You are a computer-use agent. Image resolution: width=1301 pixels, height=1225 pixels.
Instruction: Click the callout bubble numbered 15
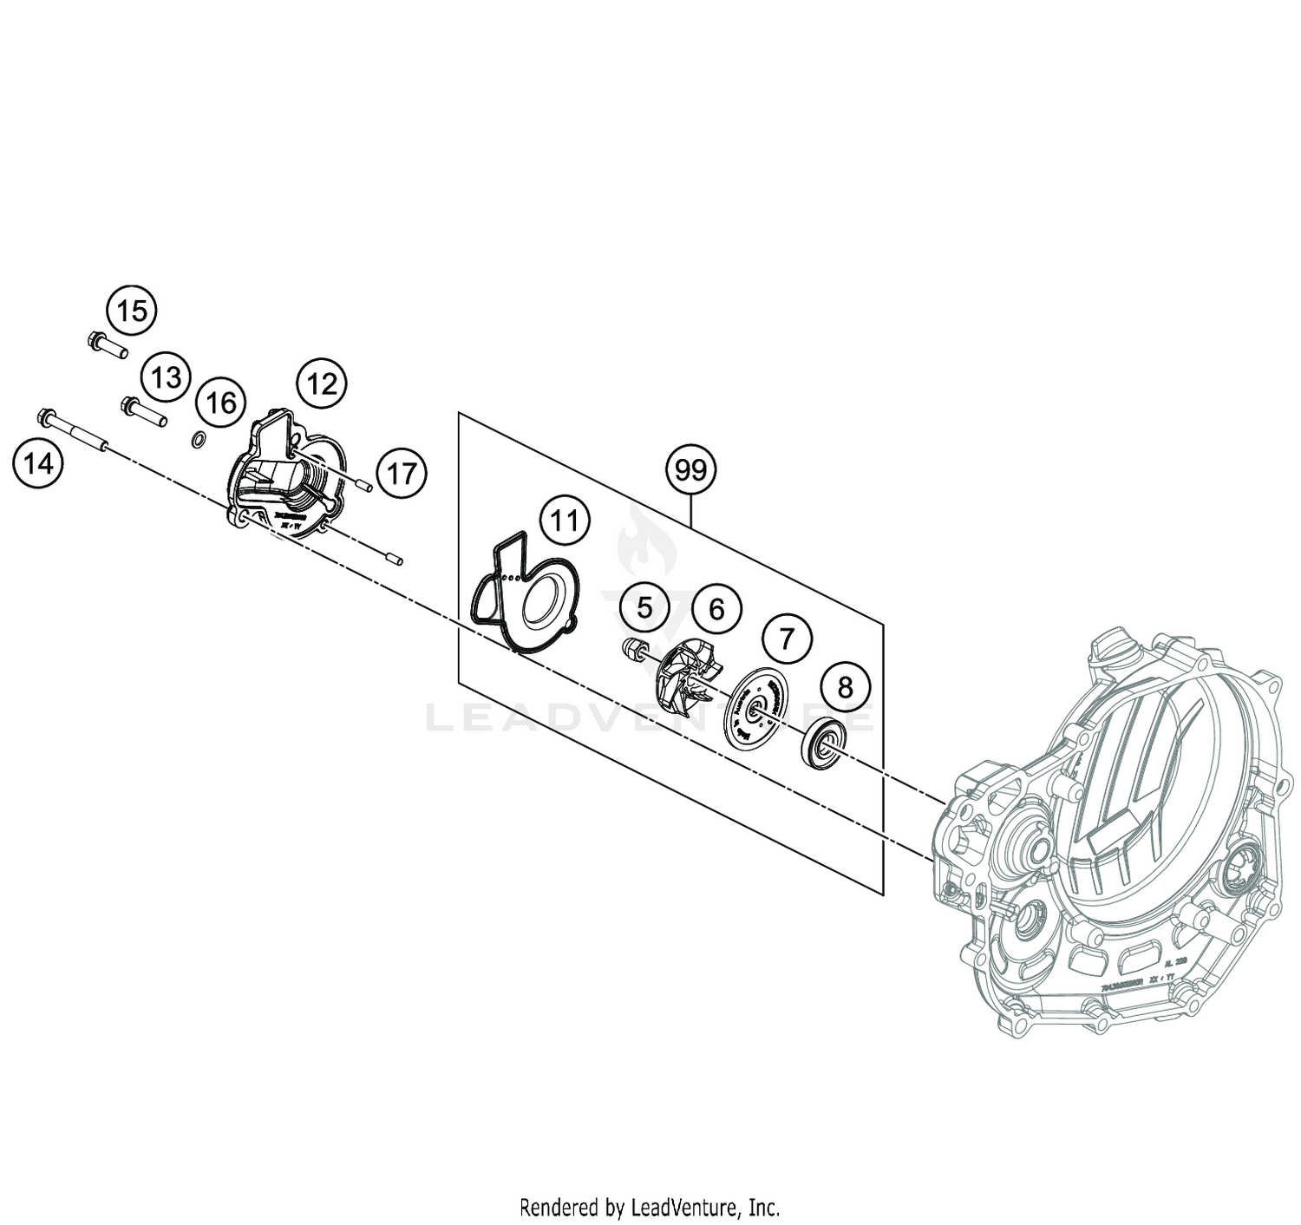[x=132, y=311]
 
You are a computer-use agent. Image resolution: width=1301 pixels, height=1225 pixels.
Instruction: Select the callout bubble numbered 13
[x=166, y=377]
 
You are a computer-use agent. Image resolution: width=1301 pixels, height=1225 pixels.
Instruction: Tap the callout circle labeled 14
[x=38, y=464]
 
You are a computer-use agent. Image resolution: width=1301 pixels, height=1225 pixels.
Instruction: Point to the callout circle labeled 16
[x=220, y=403]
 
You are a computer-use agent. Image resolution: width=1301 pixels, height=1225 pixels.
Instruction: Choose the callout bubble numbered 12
[x=322, y=383]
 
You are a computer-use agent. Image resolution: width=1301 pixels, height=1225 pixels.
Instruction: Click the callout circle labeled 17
[x=402, y=474]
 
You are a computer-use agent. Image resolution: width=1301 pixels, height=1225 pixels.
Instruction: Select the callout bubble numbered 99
[x=690, y=470]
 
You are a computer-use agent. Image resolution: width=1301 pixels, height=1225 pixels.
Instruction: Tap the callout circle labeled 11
[x=564, y=521]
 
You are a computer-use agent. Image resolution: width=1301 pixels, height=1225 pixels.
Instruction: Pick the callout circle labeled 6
[x=716, y=609]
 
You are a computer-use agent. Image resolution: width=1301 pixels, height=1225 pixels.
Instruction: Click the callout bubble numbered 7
[x=786, y=639]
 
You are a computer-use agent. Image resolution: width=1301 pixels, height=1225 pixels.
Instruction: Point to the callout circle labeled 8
[x=844, y=687]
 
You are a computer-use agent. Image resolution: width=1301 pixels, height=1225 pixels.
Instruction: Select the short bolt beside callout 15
[x=107, y=345]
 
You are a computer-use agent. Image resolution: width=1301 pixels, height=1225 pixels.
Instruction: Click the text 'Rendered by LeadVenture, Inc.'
[x=650, y=1207]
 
